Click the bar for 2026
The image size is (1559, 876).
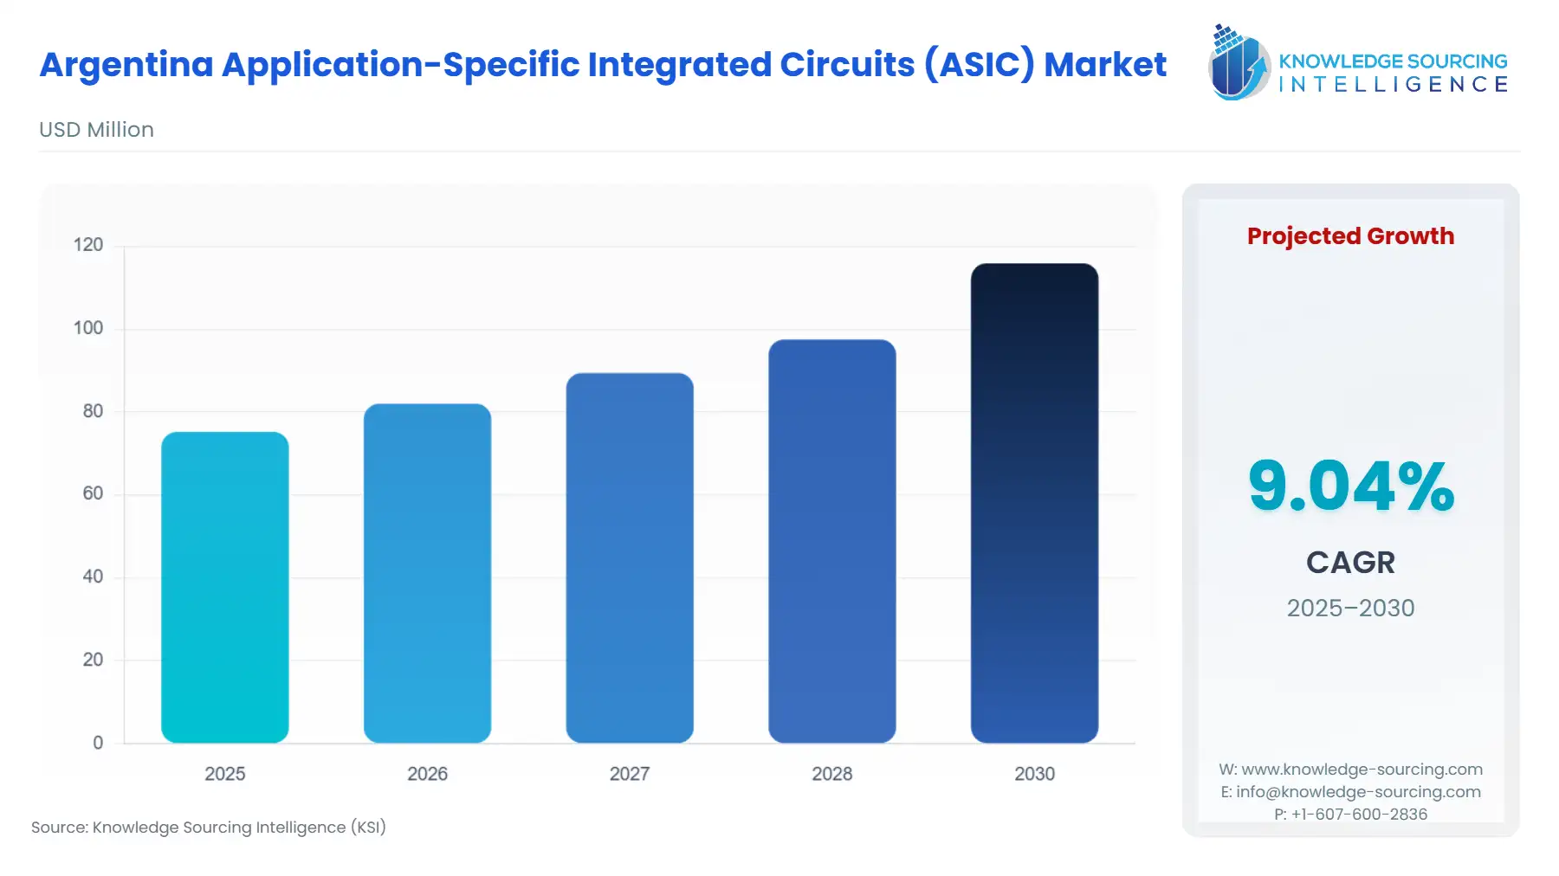[x=427, y=573]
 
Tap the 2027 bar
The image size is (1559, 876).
[x=630, y=557]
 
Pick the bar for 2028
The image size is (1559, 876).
[x=831, y=541]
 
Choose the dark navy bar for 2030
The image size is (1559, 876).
[x=1034, y=503]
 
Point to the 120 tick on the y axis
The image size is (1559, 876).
[x=88, y=245]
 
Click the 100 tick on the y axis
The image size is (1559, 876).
[x=88, y=328]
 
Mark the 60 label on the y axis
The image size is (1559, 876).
[x=93, y=493]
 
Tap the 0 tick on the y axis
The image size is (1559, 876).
[x=98, y=743]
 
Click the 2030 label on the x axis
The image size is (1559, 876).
[x=1034, y=774]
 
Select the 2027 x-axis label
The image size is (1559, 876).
[x=630, y=774]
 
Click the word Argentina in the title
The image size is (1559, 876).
[x=126, y=65]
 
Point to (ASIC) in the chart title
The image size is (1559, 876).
[x=979, y=65]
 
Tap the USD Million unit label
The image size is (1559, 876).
[x=96, y=130]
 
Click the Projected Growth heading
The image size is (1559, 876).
[x=1350, y=236]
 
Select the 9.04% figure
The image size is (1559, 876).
[x=1350, y=486]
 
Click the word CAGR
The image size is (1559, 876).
[x=1350, y=563]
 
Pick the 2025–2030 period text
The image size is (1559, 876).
[x=1350, y=608]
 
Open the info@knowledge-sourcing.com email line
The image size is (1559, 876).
[x=1350, y=792]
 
